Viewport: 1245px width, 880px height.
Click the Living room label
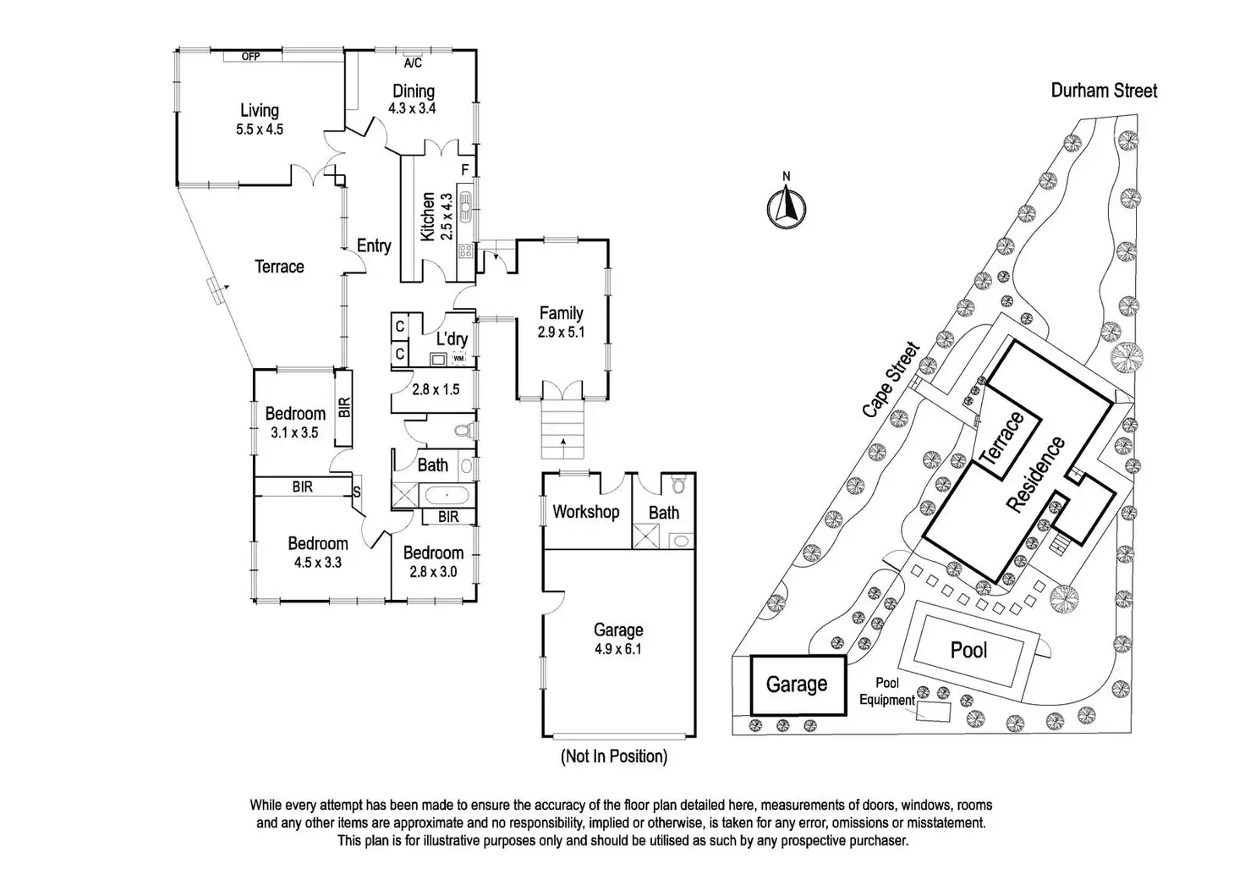pos(259,110)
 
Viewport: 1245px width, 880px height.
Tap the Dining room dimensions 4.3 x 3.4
pos(412,108)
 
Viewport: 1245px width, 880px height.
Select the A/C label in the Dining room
pos(413,63)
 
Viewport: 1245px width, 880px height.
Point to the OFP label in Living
pos(250,57)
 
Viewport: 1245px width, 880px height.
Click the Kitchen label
pos(428,217)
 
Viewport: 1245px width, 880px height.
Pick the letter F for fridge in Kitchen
pos(465,170)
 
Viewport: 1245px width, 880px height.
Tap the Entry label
pos(373,245)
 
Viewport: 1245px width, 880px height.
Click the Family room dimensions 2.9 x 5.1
pos(561,333)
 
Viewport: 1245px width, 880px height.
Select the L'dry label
pos(452,339)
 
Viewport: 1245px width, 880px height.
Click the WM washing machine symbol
pos(458,359)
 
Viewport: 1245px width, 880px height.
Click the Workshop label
pos(585,512)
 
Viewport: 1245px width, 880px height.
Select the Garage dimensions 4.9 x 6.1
pos(618,650)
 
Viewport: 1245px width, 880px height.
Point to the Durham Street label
pos(1104,91)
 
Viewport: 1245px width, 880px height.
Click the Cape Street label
pos(891,378)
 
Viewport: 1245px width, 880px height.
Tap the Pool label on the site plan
pos(968,650)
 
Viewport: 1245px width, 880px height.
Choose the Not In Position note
pos(614,756)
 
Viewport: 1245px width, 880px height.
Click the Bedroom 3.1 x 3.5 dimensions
pos(294,432)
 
